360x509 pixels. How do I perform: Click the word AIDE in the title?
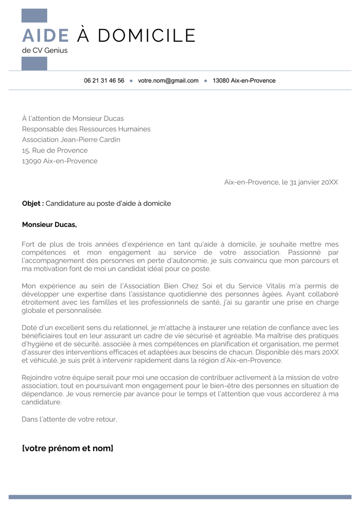[x=46, y=36]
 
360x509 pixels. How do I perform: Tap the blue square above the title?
[x=35, y=16]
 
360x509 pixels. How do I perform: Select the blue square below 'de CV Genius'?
[x=35, y=63]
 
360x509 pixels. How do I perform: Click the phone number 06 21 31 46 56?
[x=104, y=81]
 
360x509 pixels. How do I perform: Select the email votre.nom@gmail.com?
[x=168, y=81]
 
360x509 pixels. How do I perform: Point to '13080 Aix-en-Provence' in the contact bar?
[x=244, y=81]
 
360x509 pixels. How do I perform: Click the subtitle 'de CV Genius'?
[x=45, y=50]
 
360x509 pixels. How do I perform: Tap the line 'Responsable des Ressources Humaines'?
[x=86, y=129]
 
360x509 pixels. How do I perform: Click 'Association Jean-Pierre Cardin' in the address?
[x=71, y=140]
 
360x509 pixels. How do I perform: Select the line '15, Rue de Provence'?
[x=55, y=150]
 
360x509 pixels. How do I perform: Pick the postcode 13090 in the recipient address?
[x=32, y=161]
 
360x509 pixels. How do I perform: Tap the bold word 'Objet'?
[x=32, y=203]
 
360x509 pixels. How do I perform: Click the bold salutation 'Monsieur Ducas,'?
[x=49, y=225]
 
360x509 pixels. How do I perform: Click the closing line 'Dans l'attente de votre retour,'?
[x=69, y=419]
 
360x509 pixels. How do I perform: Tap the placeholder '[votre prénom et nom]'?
[x=68, y=449]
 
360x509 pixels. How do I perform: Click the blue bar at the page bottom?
[x=180, y=497]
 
